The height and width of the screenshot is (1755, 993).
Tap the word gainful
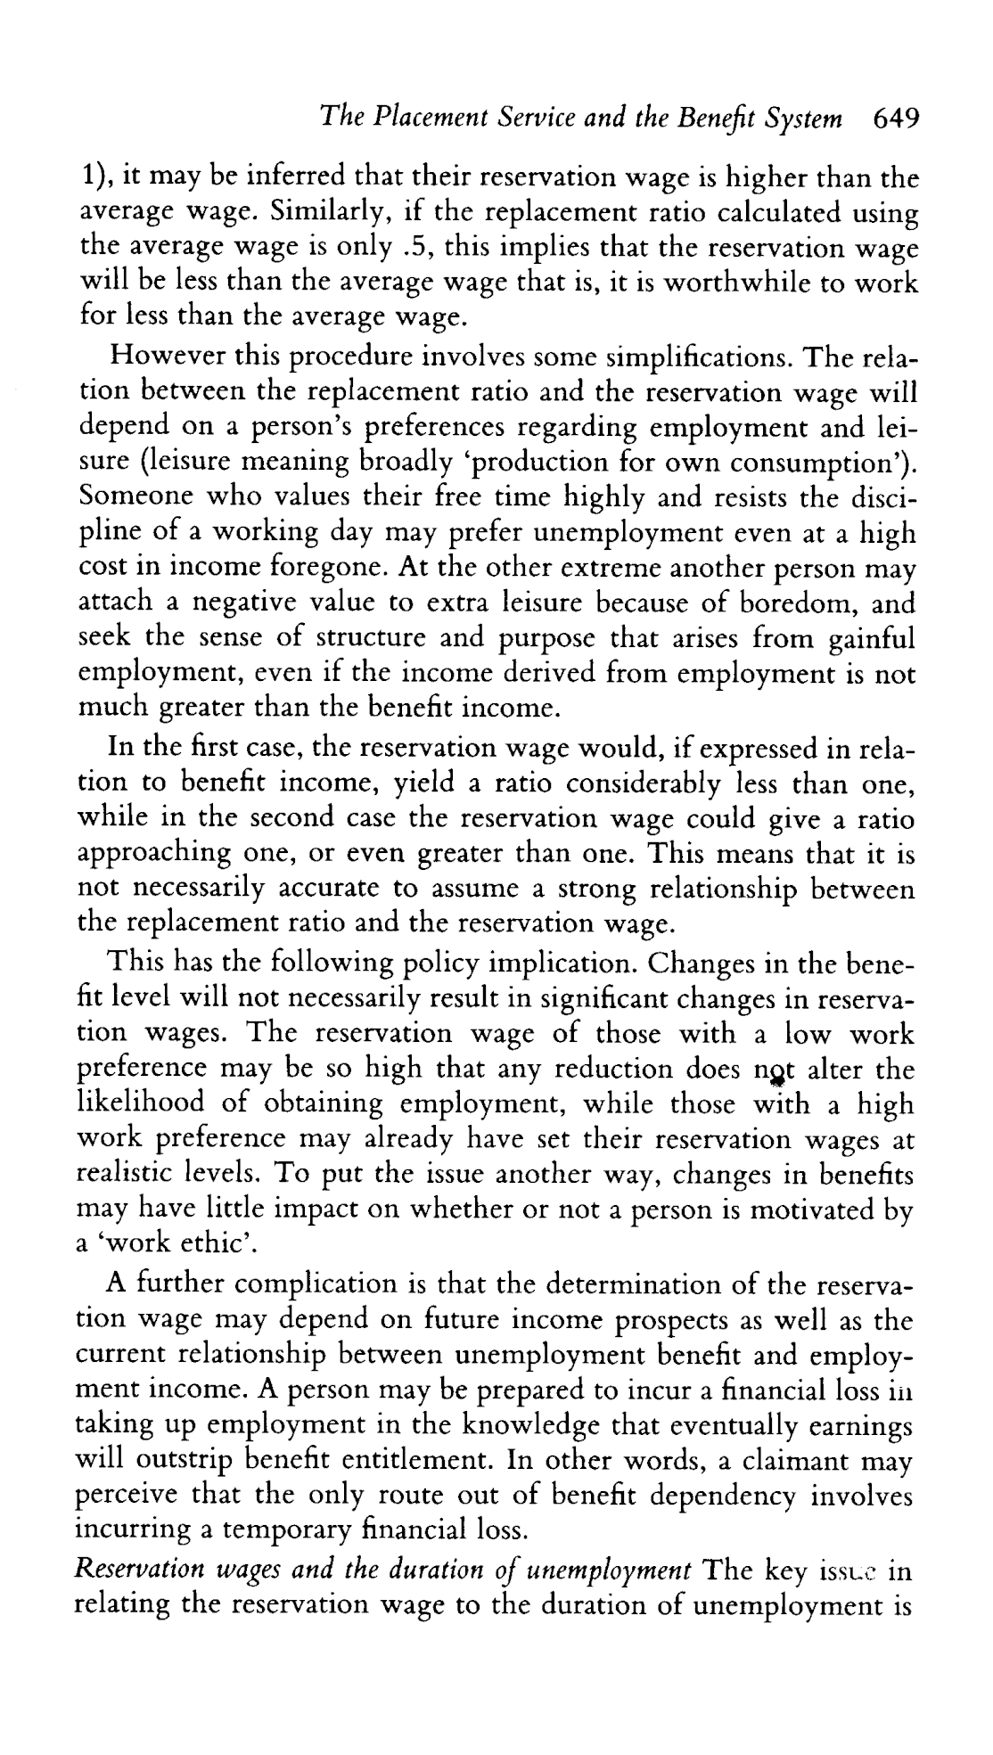(x=871, y=638)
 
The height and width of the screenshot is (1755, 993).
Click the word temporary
(x=286, y=1531)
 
